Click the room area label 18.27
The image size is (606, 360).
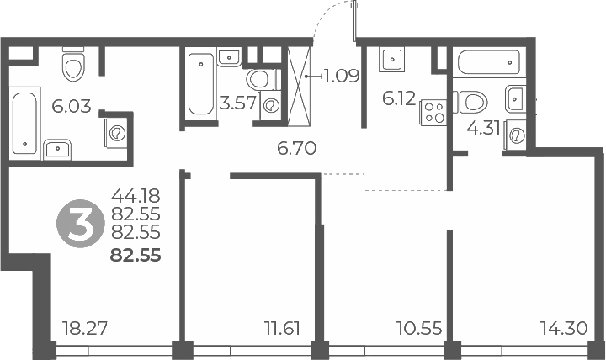tap(85, 329)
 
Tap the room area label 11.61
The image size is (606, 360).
tap(283, 329)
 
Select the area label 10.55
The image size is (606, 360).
tap(419, 329)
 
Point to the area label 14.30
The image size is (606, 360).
tap(564, 329)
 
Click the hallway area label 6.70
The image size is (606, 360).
tap(297, 148)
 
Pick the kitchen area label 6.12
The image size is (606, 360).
tap(399, 99)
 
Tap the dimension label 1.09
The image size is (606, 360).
tap(342, 76)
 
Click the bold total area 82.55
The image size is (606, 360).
tap(136, 256)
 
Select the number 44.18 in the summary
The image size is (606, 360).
tap(136, 196)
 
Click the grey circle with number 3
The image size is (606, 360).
tap(81, 224)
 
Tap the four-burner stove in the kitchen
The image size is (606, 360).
tap(433, 113)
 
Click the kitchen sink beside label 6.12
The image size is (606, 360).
tap(392, 60)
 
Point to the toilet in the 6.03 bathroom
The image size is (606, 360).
tap(73, 65)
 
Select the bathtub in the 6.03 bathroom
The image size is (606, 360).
tap(24, 123)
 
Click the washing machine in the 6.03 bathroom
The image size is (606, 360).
tap(116, 133)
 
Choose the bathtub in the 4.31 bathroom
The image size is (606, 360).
tap(489, 62)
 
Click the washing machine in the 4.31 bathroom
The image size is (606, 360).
tap(515, 135)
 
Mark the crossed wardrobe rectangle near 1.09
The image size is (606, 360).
tap(300, 86)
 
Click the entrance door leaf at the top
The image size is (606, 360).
tap(354, 20)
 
